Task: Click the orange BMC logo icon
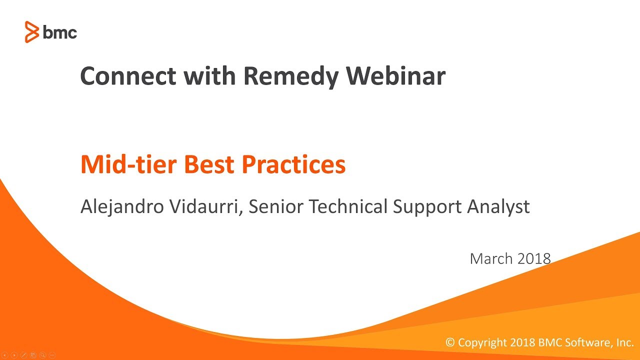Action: [x=31, y=32]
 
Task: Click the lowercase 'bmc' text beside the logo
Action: [x=59, y=32]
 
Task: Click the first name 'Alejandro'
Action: [x=121, y=206]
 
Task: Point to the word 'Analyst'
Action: [x=498, y=206]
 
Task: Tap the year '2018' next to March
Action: [x=534, y=258]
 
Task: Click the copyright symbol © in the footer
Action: [x=450, y=342]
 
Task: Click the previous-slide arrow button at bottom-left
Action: [x=5, y=355]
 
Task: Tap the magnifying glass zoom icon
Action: [x=43, y=355]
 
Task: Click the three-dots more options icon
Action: [x=52, y=355]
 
